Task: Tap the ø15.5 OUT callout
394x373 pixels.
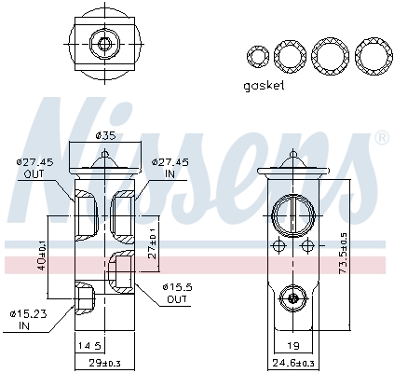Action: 177,292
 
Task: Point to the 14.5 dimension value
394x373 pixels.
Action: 89,344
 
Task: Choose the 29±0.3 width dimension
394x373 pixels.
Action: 103,362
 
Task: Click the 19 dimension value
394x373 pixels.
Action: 293,344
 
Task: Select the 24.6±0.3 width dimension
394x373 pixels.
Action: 293,362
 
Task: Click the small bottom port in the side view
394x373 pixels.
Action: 293,298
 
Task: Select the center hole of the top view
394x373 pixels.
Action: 103,42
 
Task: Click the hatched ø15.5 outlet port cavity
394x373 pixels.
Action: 120,270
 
